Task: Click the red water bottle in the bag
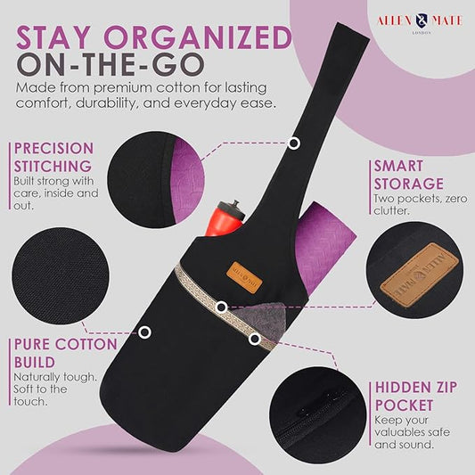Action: coord(225,218)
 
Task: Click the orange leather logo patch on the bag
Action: coord(244,277)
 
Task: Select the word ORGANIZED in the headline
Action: coord(198,37)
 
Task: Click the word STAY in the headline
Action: coord(53,37)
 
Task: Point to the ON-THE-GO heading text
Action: coord(111,64)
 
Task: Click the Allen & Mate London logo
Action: coord(420,22)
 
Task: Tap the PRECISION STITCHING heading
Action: coord(54,157)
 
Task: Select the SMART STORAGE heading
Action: coord(409,175)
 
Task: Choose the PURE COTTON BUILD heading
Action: coord(65,353)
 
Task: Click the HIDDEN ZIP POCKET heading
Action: coord(415,397)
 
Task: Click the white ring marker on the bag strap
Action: coord(293,143)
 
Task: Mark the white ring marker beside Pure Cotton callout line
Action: coord(144,332)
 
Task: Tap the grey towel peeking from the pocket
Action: coord(263,319)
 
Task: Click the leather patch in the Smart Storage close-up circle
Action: coord(420,275)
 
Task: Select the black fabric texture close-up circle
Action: coord(61,275)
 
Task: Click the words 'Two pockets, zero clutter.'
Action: coord(421,204)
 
